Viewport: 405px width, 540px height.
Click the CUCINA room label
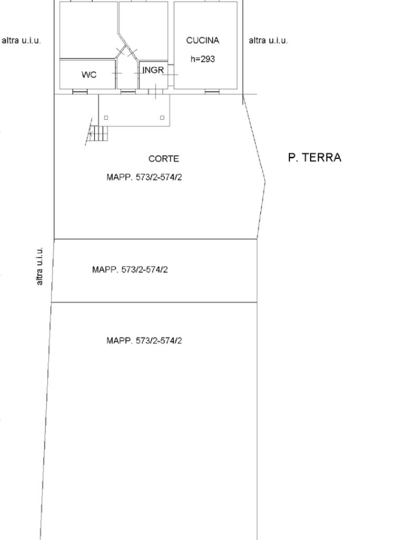pos(202,40)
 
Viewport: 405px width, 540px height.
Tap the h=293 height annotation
pos(202,59)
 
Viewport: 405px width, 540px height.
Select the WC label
pos(89,74)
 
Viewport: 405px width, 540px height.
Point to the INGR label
pos(153,70)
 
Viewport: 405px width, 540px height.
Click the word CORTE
pos(163,159)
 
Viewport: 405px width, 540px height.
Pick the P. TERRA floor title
pos(314,157)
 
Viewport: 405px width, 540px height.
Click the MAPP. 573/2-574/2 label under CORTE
pos(144,177)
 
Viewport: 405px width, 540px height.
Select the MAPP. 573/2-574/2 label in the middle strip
pos(130,269)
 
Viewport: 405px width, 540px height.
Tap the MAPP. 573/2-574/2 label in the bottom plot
pos(144,341)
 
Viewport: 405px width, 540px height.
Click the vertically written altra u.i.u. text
pos(40,266)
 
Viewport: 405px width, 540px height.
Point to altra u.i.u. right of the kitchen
pos(268,40)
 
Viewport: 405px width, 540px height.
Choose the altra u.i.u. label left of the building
pos(21,40)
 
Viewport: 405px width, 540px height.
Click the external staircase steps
pos(99,133)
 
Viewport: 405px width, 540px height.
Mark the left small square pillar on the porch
pos(106,118)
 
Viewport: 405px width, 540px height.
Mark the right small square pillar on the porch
pos(162,118)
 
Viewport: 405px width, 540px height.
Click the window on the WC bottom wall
pos(80,92)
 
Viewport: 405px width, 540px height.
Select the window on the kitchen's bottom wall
pos(212,92)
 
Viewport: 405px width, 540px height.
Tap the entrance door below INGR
pos(156,92)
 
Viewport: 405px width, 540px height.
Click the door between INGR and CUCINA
pos(170,74)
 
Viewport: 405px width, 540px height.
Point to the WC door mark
pos(117,73)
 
